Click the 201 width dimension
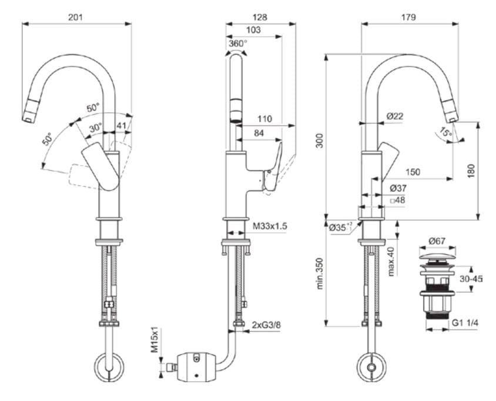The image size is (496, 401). pyautogui.click(x=76, y=17)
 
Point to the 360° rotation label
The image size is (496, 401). pyautogui.click(x=237, y=43)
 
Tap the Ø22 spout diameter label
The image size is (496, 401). pyautogui.click(x=395, y=116)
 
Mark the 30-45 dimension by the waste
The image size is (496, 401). pyautogui.click(x=471, y=279)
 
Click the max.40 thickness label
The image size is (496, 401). pyautogui.click(x=391, y=261)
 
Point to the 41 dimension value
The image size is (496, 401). pyautogui.click(x=121, y=125)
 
